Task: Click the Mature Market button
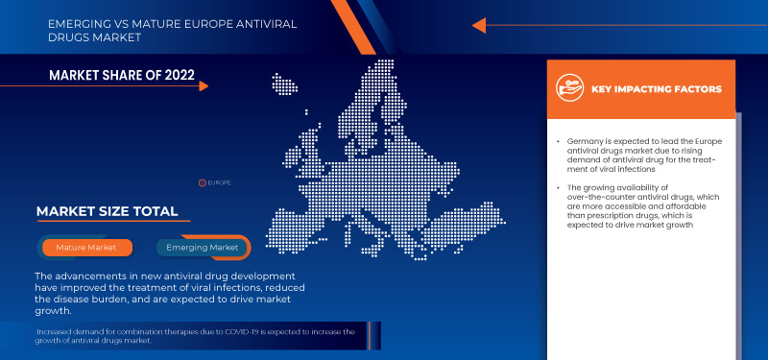pyautogui.click(x=86, y=248)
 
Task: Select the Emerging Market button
pyautogui.click(x=203, y=248)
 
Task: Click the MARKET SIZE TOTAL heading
pyautogui.click(x=107, y=211)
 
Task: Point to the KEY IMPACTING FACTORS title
pyautogui.click(x=657, y=89)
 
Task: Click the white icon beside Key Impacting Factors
pyautogui.click(x=570, y=89)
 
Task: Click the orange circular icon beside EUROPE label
pyautogui.click(x=203, y=181)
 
